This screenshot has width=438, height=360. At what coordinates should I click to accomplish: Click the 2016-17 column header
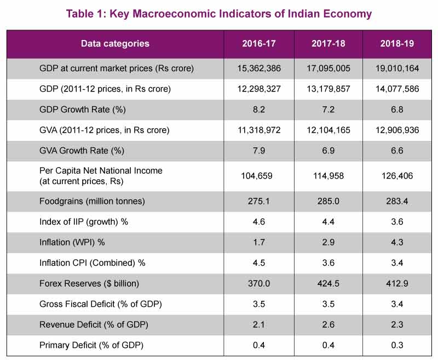coord(258,44)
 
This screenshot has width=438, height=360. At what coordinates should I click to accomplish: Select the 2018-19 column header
coord(397,44)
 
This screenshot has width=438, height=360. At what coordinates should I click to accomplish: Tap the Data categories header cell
coord(115,44)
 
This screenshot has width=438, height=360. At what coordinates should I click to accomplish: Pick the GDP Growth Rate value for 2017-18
coord(328,109)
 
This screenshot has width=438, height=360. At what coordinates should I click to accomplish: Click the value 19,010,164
coord(397,68)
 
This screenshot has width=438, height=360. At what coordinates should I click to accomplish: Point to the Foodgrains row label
coord(92,201)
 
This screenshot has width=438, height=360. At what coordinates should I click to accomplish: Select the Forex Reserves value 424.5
coord(328,283)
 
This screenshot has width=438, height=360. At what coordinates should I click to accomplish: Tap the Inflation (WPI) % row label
coord(72,242)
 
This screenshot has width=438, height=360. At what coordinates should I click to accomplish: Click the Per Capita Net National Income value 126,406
coord(397,176)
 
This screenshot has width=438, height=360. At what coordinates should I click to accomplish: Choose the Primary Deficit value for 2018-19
coord(397,345)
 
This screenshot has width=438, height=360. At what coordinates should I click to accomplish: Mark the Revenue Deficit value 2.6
coord(328,324)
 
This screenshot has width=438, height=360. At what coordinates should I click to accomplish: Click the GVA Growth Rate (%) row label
coord(82,151)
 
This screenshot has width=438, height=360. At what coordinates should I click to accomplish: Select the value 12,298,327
coord(258,89)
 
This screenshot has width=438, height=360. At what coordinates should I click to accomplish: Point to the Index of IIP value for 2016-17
coord(258,222)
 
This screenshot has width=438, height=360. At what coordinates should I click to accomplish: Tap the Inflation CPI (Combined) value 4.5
coord(258,262)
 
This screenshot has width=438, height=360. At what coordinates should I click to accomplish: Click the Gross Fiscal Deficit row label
coord(101,304)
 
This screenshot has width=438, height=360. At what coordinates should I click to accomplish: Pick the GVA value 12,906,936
coord(397,130)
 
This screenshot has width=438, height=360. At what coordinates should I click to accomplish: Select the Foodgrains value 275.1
coord(258,201)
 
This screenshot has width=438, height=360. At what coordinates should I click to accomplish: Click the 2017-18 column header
coord(328,44)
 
